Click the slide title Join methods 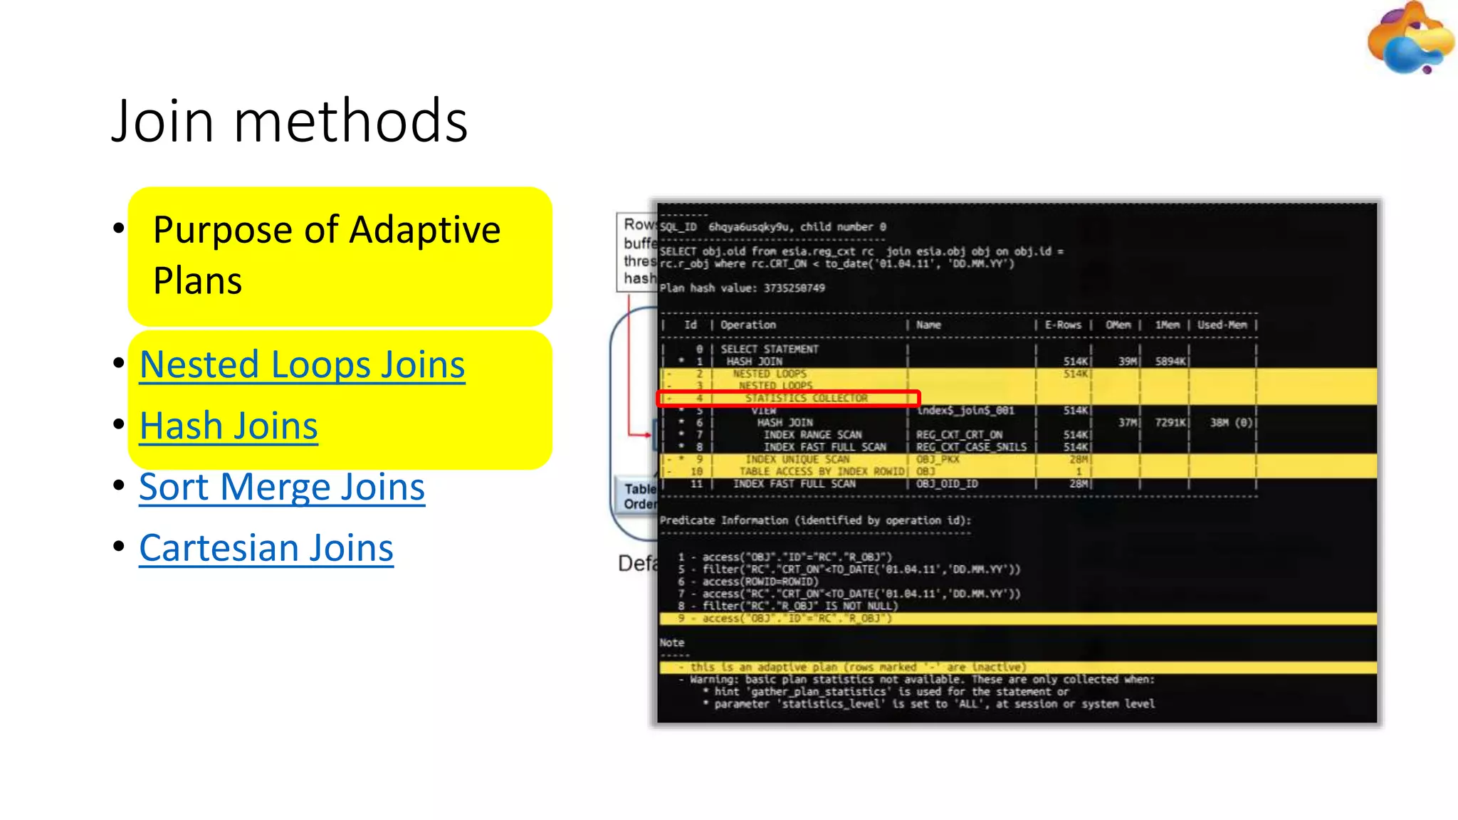(x=289, y=121)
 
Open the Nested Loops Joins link (x=302, y=364)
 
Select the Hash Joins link (x=229, y=426)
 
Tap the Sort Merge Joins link (x=282, y=487)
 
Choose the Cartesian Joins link (x=266, y=548)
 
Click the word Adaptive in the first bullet (x=425, y=230)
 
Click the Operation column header (x=748, y=325)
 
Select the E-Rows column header (x=1063, y=325)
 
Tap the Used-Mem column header (x=1222, y=325)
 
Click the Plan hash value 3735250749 (x=794, y=288)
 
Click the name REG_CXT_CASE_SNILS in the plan (x=971, y=447)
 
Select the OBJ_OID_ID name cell (x=947, y=484)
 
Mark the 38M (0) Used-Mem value (x=1231, y=423)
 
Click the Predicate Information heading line (x=814, y=520)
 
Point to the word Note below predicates (x=671, y=643)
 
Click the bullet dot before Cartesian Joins (x=119, y=547)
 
